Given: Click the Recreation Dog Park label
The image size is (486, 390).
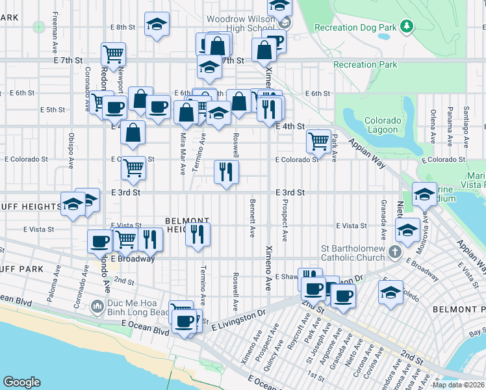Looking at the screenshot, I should pyautogui.click(x=355, y=27).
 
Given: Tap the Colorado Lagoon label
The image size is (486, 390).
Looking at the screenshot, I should pyautogui.click(x=381, y=125).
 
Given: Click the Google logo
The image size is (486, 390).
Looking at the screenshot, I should pyautogui.click(x=21, y=382).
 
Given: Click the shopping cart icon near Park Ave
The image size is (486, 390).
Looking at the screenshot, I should pyautogui.click(x=318, y=140).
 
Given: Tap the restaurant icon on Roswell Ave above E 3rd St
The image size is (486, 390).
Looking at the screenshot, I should pyautogui.click(x=226, y=172).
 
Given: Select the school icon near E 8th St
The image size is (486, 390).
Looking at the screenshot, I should pyautogui.click(x=157, y=24).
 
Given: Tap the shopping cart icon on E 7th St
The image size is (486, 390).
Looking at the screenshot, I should pyautogui.click(x=114, y=54).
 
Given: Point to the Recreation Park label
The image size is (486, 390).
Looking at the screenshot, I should pyautogui.click(x=364, y=64).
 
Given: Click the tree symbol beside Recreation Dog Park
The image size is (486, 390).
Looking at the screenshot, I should pyautogui.click(x=407, y=26).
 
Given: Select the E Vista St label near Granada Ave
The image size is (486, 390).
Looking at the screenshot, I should pyautogui.click(x=352, y=226).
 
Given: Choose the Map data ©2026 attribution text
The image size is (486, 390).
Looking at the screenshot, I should pyautogui.click(x=458, y=385).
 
